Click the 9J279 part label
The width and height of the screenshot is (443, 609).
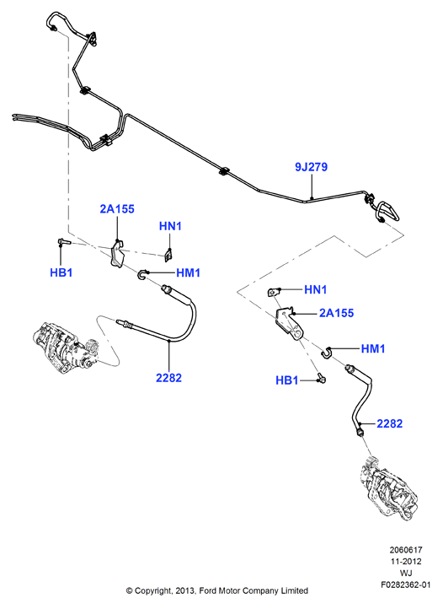tap(311, 167)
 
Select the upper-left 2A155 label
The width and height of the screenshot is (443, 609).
tap(117, 209)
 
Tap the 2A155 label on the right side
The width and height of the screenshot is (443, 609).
tap(336, 313)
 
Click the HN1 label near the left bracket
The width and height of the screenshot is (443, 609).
tap(170, 226)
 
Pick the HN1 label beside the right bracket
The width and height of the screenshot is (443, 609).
tap(315, 289)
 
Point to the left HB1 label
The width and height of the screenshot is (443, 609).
tap(61, 272)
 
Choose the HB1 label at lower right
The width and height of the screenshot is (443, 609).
tap(287, 380)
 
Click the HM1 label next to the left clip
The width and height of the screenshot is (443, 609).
tap(188, 273)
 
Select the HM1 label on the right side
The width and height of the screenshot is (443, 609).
tap(373, 348)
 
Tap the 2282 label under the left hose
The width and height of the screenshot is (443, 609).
tap(168, 378)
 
